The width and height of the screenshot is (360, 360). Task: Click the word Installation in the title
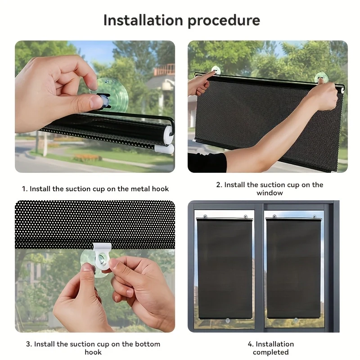143,20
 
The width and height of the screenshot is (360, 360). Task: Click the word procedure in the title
224,21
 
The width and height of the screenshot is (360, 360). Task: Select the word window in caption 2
270,193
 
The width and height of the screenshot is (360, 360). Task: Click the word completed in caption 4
271,352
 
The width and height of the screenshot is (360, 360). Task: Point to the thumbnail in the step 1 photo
94,102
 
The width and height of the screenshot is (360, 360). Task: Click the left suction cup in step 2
216,70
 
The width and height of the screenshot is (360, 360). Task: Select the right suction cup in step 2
321,77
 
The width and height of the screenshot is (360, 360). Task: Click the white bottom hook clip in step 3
102,255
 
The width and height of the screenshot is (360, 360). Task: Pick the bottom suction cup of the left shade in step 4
228,320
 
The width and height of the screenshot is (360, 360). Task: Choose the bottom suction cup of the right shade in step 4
296,319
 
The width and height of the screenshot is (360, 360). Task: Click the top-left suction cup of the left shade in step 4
205,216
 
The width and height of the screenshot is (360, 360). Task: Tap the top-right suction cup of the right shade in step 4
315,216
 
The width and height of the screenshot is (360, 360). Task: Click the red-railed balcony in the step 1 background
164,70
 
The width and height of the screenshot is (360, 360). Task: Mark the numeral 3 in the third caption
28,344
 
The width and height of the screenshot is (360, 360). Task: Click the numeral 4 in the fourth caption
250,344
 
